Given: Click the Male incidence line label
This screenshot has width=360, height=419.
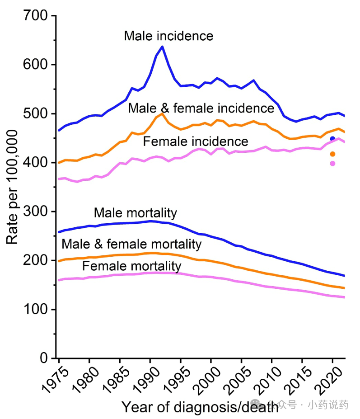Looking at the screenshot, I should [x=168, y=36].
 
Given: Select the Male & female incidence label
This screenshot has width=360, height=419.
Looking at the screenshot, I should [x=201, y=108].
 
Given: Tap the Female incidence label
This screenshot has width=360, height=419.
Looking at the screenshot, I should [x=196, y=141].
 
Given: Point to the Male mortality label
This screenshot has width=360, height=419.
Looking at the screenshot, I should [x=135, y=213].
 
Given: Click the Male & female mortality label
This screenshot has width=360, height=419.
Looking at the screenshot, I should [x=131, y=245].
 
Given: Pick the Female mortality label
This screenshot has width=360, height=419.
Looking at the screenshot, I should [x=131, y=266].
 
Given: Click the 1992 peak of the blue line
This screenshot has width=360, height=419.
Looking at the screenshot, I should [x=162, y=47].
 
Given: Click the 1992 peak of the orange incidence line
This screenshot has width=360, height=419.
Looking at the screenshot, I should [x=162, y=113].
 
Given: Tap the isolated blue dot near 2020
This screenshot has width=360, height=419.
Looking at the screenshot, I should [x=333, y=139].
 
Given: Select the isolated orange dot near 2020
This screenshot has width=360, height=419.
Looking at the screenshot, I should [x=333, y=154].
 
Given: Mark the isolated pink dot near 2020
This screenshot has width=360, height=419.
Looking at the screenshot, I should [x=333, y=164].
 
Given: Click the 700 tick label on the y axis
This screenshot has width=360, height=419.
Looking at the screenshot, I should [x=35, y=16].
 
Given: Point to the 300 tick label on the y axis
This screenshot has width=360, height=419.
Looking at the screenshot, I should [x=35, y=212].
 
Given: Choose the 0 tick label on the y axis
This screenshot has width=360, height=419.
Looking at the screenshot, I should [x=44, y=358].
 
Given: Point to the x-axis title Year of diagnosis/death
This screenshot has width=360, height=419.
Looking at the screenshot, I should [x=200, y=406].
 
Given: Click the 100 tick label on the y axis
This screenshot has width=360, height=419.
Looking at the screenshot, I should [x=35, y=310].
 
